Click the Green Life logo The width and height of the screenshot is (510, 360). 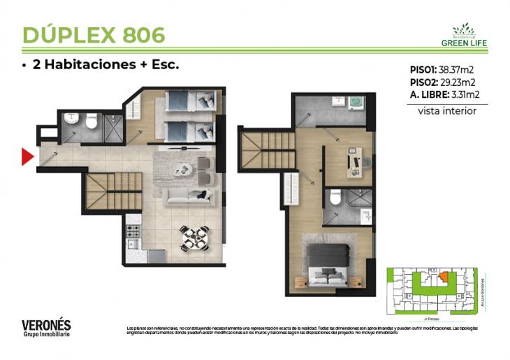point(464,35)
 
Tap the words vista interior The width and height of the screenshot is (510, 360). point(447,110)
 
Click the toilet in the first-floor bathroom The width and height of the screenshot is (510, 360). point(90,124)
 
